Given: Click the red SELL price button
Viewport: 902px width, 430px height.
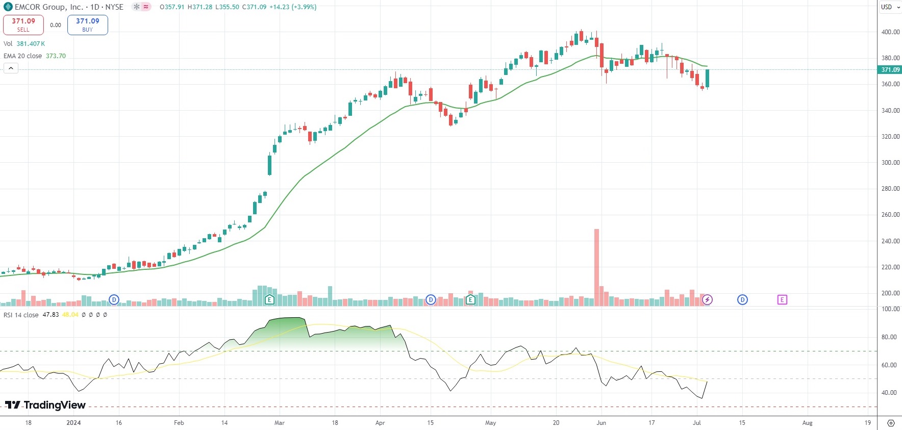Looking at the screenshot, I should coord(23,24).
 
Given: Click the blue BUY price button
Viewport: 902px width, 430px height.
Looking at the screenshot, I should coord(87,24).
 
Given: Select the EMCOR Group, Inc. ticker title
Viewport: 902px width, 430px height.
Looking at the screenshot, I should coord(48,7).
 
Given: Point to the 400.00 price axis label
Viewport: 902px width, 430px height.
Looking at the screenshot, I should coord(890,32).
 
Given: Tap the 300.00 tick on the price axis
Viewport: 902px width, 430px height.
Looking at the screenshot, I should coord(890,163).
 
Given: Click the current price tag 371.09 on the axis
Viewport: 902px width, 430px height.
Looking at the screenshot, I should coord(890,70).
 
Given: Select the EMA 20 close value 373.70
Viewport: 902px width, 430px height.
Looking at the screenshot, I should coord(56,56).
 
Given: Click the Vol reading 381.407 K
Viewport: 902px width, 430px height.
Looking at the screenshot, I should coord(31,44).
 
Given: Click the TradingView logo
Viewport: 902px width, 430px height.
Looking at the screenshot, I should coord(45,405).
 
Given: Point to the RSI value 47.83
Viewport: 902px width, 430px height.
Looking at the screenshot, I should coord(51,315).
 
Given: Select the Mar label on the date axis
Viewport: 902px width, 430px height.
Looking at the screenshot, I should coord(280,423).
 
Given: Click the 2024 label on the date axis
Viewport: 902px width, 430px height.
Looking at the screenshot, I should coord(73,423).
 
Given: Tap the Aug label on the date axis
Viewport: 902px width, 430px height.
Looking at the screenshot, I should coord(807,423).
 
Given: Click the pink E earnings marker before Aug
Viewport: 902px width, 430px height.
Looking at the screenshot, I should coord(782,300).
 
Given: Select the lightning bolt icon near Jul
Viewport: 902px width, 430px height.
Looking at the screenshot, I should coord(707,300).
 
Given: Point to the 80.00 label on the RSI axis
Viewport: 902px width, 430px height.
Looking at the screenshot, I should coord(889,337).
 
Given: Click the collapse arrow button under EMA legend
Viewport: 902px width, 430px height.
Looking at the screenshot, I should coord(11,68).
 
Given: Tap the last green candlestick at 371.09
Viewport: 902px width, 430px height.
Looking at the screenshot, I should coord(708,78).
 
